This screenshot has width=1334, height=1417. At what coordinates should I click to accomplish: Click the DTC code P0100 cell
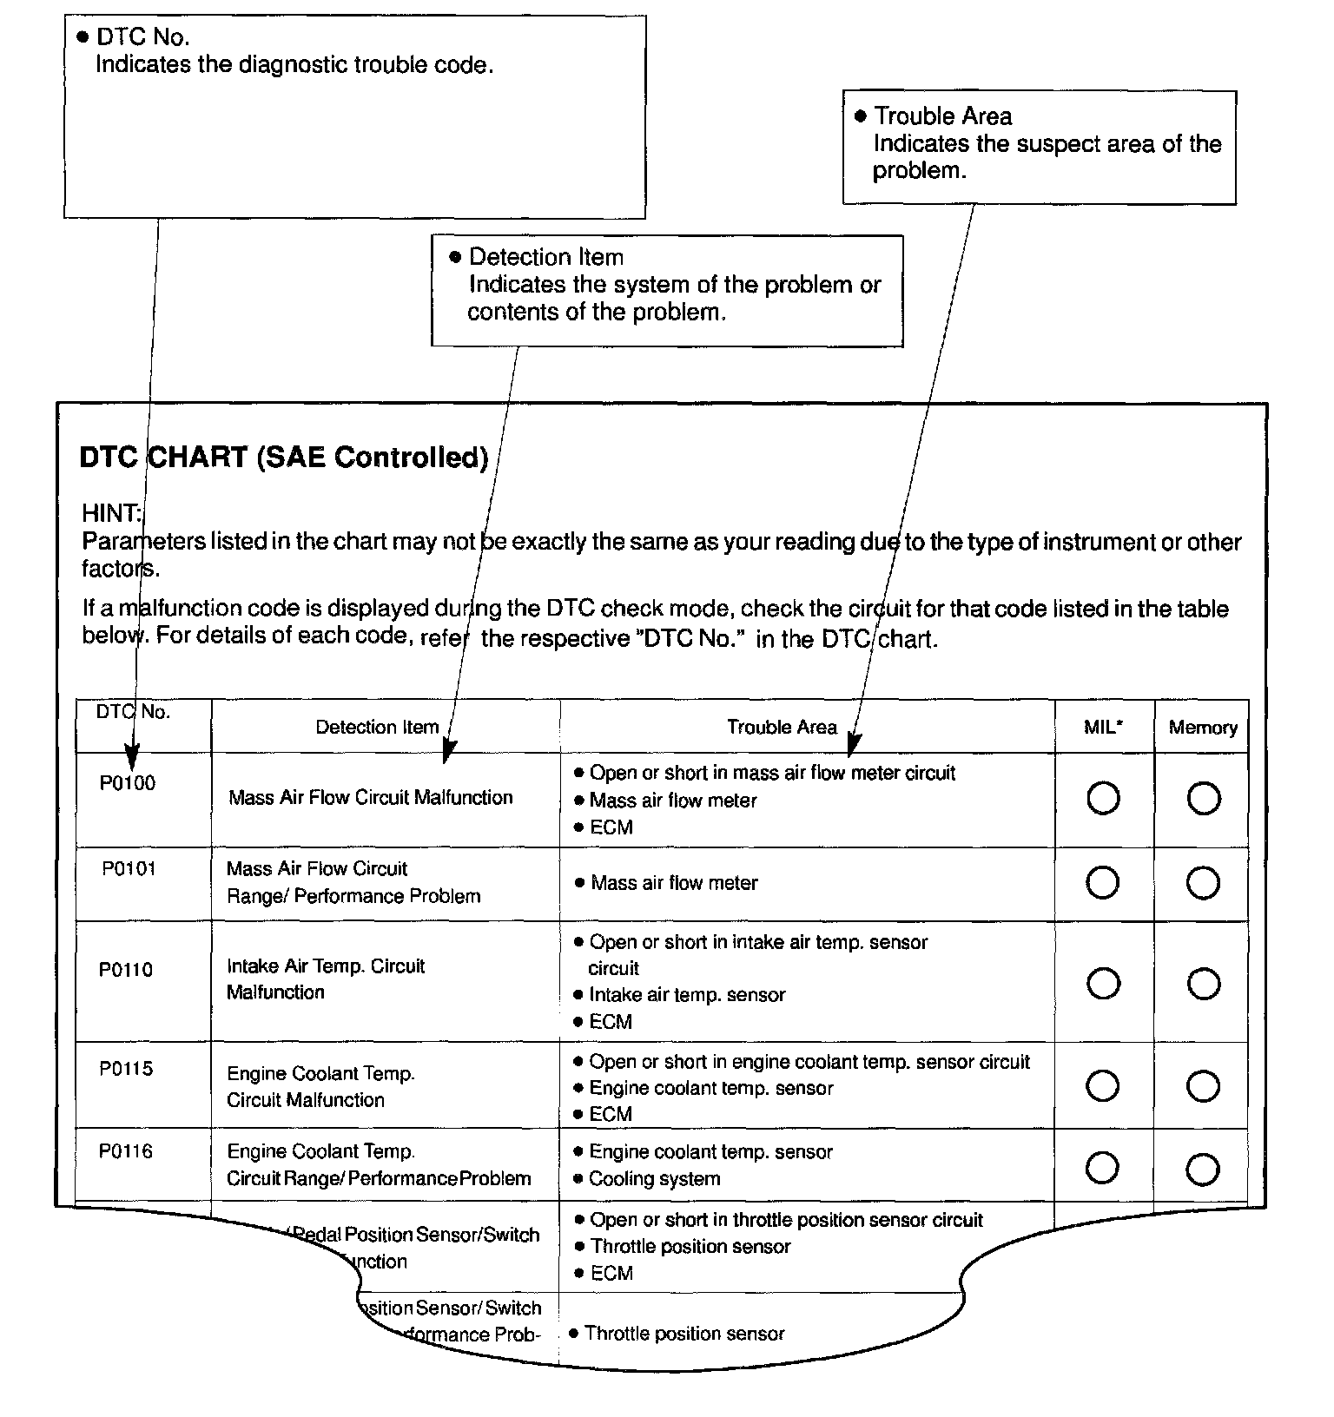click(127, 783)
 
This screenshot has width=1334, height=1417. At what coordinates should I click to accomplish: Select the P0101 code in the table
click(129, 869)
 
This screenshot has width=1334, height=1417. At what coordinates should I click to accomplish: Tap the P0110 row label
click(126, 970)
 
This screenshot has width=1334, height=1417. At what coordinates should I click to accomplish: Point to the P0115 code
click(126, 1069)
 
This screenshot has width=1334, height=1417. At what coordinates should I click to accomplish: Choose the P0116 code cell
click(126, 1151)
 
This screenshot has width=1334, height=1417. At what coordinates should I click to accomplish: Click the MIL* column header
click(1103, 728)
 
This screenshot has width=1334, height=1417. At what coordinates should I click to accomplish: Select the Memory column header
click(1203, 728)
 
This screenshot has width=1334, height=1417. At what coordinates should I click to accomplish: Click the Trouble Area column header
click(782, 728)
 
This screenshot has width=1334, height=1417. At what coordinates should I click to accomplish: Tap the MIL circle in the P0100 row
click(1103, 799)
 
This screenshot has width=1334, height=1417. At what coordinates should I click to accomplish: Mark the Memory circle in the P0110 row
click(1204, 984)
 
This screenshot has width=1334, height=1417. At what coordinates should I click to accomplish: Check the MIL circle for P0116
click(1102, 1168)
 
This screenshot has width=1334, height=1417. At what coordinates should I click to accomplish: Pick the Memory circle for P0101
click(1204, 883)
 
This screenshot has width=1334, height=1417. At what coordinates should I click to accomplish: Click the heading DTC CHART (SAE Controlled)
click(284, 458)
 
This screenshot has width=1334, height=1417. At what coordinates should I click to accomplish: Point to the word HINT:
click(112, 513)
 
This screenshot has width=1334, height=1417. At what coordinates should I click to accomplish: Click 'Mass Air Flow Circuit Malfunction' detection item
click(371, 797)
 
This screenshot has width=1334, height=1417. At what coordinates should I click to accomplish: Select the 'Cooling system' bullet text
click(654, 1179)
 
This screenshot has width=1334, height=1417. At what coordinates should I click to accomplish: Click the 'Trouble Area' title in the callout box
click(942, 116)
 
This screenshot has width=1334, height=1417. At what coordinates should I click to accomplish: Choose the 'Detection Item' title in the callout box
click(546, 257)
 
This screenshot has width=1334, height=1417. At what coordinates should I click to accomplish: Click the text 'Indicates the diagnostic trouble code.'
click(294, 65)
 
